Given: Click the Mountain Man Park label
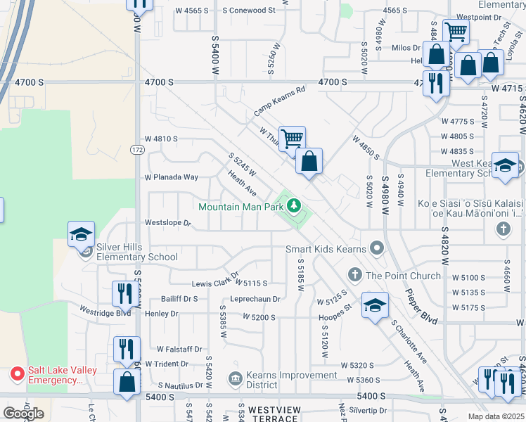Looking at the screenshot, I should point(241,207).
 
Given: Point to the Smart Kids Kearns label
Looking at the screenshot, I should point(326,249).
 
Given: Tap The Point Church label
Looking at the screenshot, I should point(404,275).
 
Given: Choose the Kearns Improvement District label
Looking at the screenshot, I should point(282,380).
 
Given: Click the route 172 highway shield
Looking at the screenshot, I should point(137,149).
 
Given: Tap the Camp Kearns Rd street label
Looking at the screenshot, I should point(280,102).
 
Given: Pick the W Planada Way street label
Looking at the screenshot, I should point(171,177).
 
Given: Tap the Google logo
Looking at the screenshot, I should point(23,414).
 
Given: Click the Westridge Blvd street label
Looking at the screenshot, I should point(105,312).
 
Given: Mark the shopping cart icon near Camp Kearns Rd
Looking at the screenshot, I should point(291,137).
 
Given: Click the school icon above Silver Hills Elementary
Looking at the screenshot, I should point(81,234).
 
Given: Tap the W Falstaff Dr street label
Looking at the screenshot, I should point(179,349).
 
